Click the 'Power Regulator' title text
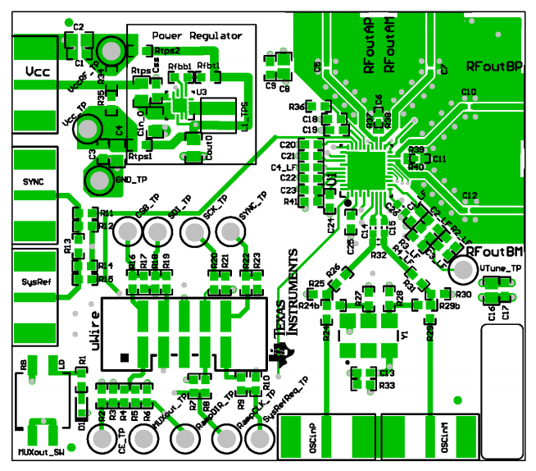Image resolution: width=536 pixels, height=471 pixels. click(197, 36)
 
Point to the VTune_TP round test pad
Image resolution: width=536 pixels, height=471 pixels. click(464, 268)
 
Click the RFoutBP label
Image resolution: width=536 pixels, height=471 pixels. click(494, 66)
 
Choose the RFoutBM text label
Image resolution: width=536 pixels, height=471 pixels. click(499, 251)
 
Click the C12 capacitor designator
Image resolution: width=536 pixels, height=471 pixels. click(470, 195)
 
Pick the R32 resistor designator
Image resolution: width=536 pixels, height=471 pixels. click(378, 256)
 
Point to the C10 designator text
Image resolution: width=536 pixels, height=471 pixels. click(469, 92)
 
